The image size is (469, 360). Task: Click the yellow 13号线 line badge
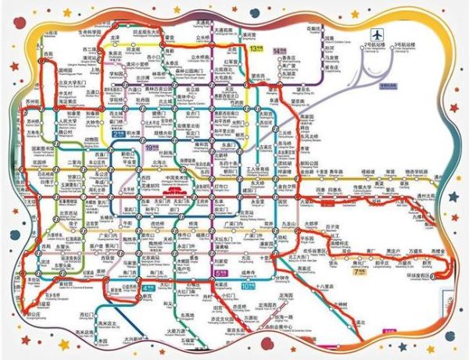[x=255, y=48]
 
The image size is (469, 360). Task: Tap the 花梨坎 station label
[x=314, y=29]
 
